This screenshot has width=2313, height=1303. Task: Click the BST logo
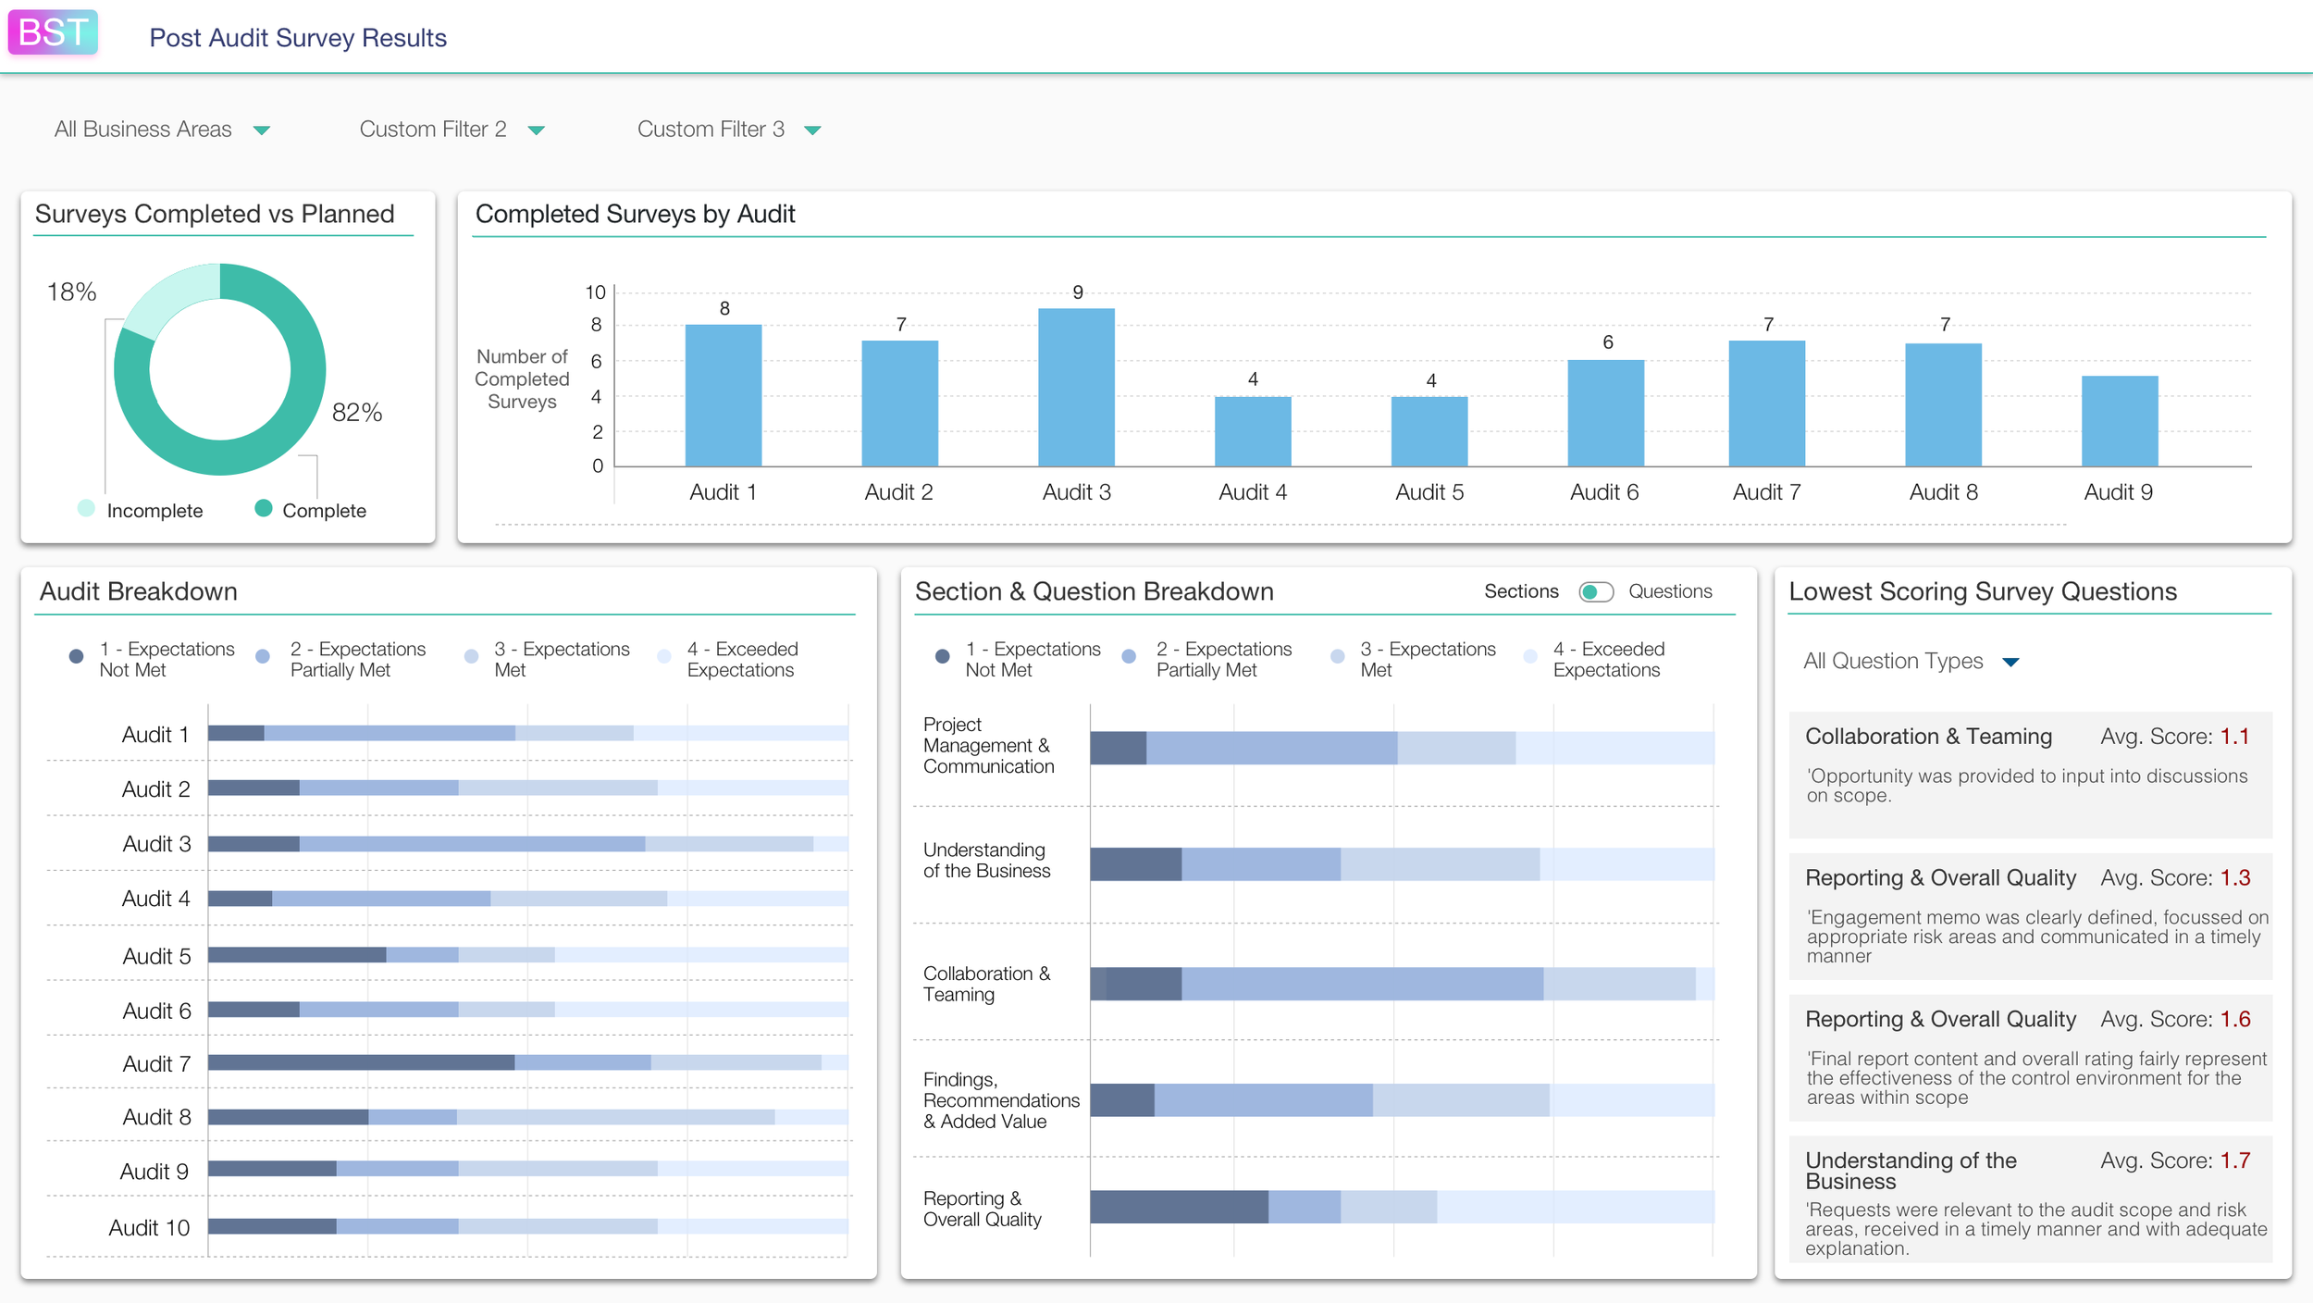[53, 32]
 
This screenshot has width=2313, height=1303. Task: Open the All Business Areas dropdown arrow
[262, 130]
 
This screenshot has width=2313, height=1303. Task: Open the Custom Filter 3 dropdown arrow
[812, 130]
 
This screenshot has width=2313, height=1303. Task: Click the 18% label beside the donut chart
[71, 292]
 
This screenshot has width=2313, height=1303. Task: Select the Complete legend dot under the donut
[264, 508]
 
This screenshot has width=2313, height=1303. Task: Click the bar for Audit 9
[2119, 421]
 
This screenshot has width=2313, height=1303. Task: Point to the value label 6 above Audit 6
[1608, 342]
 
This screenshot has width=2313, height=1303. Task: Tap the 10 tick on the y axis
[595, 292]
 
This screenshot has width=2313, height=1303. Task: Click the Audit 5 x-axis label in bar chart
[1429, 492]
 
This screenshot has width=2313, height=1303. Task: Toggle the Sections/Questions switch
[1596, 591]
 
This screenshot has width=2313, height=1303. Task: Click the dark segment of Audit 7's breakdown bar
[361, 1062]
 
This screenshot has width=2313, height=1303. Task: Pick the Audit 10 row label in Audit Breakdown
[149, 1227]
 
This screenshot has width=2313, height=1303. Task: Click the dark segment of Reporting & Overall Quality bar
[1179, 1207]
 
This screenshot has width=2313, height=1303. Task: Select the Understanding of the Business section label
[986, 860]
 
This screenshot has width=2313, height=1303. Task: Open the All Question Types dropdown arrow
[2010, 663]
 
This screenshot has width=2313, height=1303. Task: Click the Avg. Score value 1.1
[2234, 737]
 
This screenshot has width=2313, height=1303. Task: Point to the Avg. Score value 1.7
[2234, 1160]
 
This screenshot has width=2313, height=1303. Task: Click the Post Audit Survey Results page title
[298, 38]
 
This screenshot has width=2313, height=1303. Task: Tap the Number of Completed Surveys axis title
[522, 378]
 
